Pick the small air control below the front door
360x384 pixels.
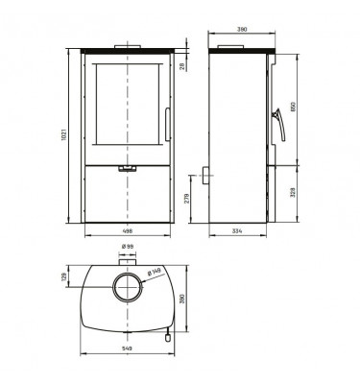(125, 167)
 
